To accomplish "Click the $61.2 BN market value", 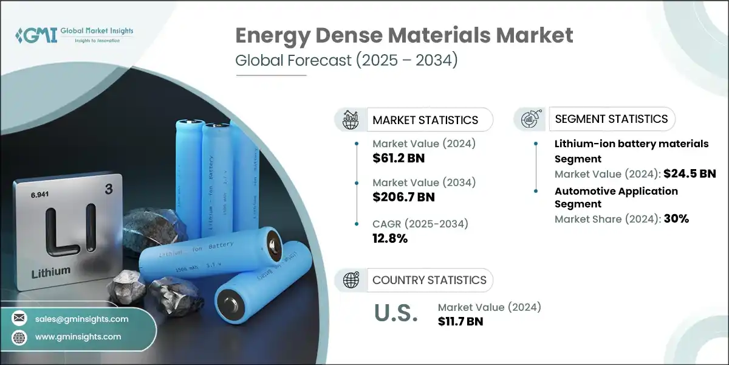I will click(398, 159).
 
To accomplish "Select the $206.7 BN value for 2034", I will click(403, 197).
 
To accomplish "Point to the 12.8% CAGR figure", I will click(389, 238).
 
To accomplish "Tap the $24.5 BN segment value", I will click(689, 174).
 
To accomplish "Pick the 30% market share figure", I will click(676, 219).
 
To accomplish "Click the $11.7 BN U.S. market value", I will click(460, 322).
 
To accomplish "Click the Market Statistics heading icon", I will click(351, 120).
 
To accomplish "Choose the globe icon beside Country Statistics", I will click(351, 280).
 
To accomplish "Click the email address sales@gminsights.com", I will click(81, 319).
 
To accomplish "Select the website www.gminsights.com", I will click(78, 336).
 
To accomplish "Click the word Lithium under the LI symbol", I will click(51, 270).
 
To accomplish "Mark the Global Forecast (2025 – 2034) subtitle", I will click(346, 61).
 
